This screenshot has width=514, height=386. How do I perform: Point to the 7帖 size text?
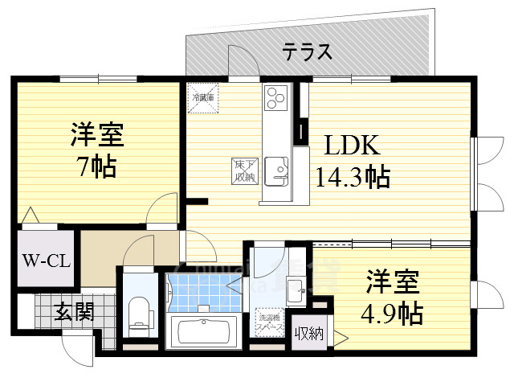[95, 166]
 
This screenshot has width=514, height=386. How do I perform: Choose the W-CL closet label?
[45, 261]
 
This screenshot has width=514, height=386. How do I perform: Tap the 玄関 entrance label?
[75, 310]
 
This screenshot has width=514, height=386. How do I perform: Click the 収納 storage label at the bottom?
[308, 334]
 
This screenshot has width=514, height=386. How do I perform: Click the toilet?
[139, 312]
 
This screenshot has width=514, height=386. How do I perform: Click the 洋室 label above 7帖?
[95, 131]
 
